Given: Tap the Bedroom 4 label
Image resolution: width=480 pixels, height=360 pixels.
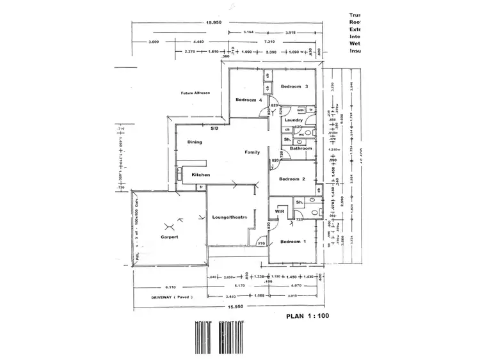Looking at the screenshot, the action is tap(248, 100).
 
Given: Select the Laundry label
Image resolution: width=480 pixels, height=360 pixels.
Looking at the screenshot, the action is tap(294, 120).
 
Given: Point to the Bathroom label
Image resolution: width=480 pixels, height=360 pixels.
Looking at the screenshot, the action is tap(300, 148).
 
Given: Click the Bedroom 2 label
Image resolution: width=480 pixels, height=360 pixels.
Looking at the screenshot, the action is tap(291, 179).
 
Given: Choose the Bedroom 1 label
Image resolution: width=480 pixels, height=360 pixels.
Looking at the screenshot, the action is tap(294, 241).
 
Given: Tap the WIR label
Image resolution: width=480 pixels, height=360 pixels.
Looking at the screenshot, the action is tap(280, 210).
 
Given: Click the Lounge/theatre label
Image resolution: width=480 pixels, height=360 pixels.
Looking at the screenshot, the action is tap(229, 218).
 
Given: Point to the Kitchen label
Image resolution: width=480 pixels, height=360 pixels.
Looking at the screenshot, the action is tap(201, 175).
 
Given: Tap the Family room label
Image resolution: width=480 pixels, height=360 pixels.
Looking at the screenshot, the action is tap(251, 152).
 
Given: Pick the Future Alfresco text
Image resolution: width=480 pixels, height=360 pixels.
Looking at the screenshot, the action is tap(195, 93).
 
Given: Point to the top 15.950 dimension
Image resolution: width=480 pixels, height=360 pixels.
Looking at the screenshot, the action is tap(214, 23).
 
